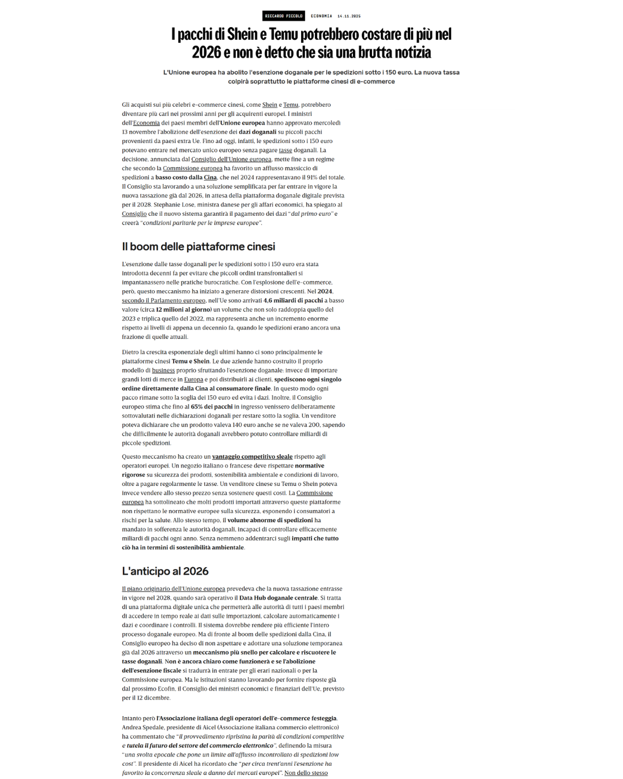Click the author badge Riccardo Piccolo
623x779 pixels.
pos(283,16)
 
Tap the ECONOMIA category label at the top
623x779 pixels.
pos(321,16)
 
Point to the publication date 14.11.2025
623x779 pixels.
pos(349,16)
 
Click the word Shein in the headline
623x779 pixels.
pos(242,34)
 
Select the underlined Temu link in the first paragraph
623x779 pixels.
pos(290,105)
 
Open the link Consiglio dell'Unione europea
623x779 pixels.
pos(231,159)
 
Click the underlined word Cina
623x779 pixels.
pos(210,178)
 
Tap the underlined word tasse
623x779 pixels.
pos(286,150)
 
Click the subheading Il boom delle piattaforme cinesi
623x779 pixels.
pos(198,246)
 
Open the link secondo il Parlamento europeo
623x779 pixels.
pos(163,301)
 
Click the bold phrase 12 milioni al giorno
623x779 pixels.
pos(183,310)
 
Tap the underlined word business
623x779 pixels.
pos(163,370)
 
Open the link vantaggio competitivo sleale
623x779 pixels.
pos(252,457)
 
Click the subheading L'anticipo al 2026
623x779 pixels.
pos(165,571)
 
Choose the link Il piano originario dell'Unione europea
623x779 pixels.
pos(173,589)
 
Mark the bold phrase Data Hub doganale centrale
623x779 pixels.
pos(278,598)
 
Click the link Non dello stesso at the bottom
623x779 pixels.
pos(306,773)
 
